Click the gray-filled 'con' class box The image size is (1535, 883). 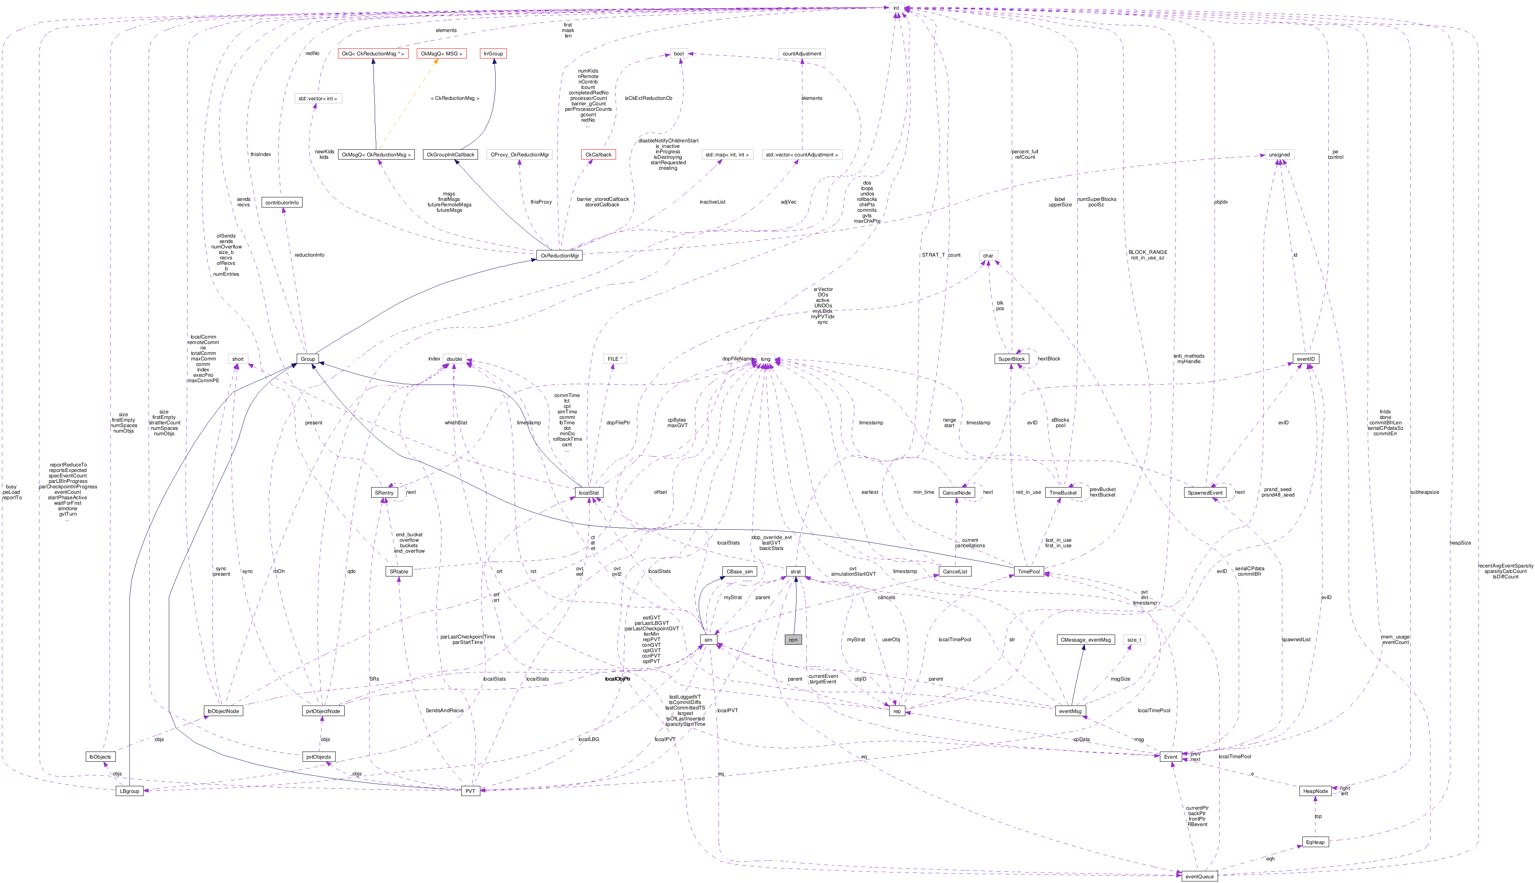793,640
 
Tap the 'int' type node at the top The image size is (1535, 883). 896,8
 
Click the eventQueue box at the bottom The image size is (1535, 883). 1199,876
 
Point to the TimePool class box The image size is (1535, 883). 1028,571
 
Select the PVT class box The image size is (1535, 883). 471,791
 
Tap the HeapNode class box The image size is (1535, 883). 1315,791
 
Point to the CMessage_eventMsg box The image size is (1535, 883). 1085,640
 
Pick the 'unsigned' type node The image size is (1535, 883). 1279,155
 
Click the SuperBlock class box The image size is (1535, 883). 1011,359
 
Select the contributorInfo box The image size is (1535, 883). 282,202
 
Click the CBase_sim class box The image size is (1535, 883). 740,571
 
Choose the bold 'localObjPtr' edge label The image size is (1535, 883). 618,679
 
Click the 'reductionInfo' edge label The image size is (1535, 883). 309,255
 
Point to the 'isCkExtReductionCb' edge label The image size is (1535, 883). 648,98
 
